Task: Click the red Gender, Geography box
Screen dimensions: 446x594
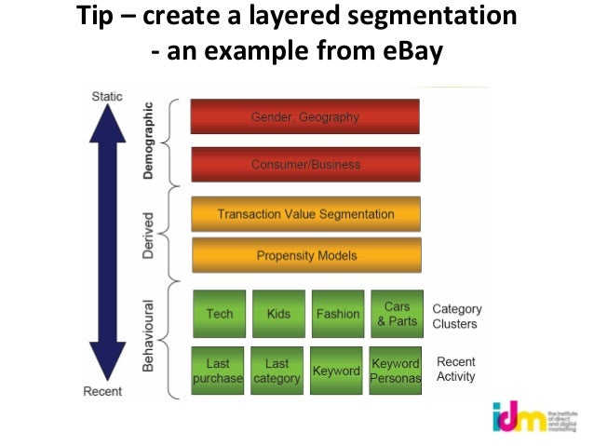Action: click(304, 117)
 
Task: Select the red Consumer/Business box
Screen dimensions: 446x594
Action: click(304, 165)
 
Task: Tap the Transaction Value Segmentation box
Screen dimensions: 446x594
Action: click(304, 214)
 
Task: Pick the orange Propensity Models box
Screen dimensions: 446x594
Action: click(304, 255)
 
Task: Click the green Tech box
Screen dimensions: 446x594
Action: click(219, 314)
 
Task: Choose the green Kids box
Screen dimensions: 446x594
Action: click(277, 314)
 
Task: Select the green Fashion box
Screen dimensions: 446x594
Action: click(337, 314)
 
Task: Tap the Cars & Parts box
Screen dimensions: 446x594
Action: click(397, 314)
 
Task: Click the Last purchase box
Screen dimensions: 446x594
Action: click(218, 371)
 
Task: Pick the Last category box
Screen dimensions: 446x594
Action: click(277, 371)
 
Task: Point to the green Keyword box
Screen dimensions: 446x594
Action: click(336, 371)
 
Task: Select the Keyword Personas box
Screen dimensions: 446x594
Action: click(396, 371)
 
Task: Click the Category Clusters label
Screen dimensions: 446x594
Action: click(455, 317)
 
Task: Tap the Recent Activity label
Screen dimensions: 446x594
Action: click(456, 370)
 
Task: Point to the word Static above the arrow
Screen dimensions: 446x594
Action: click(107, 96)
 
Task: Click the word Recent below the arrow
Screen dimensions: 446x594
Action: click(102, 391)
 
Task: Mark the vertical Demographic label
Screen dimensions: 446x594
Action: click(150, 141)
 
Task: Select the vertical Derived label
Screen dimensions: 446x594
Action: click(149, 234)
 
